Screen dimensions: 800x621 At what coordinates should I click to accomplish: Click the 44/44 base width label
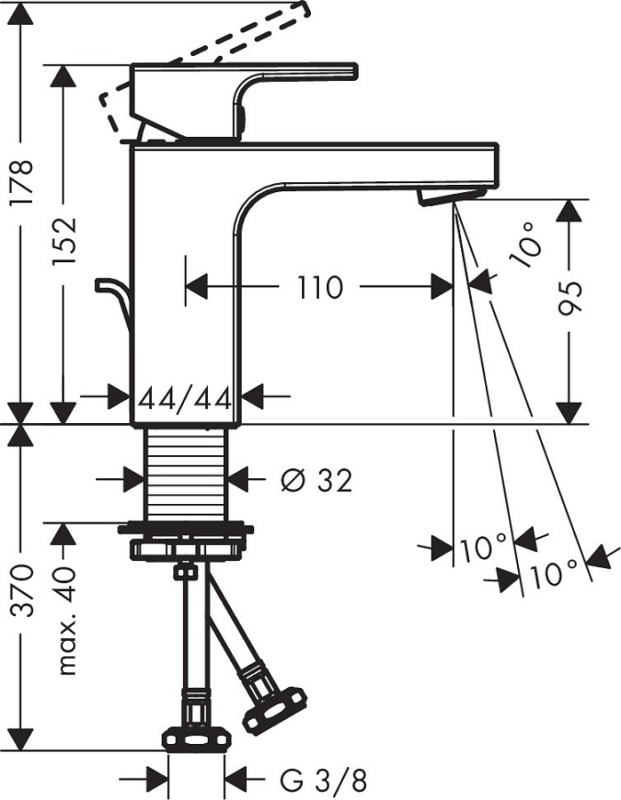click(x=185, y=397)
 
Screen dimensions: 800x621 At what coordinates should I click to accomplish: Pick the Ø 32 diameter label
click(x=315, y=481)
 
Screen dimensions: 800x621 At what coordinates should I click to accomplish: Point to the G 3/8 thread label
click(x=322, y=781)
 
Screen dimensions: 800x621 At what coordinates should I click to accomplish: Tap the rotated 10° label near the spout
click(x=526, y=246)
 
